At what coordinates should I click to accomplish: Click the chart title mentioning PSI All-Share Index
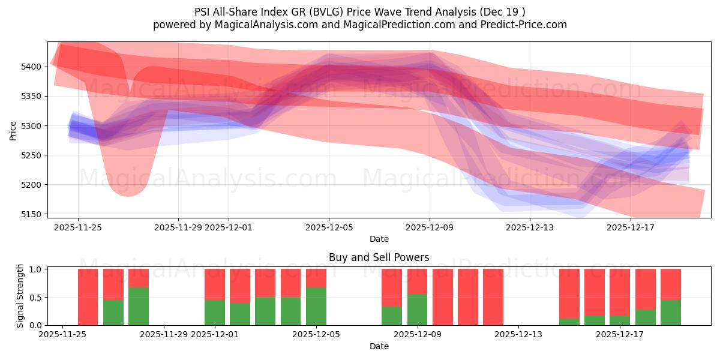360,11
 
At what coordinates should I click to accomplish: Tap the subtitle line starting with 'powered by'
360,25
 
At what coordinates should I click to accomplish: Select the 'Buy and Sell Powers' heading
379,257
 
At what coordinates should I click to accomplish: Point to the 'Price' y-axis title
13,130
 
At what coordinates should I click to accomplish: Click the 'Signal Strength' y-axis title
20,296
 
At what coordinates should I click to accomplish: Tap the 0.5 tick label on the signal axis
35,297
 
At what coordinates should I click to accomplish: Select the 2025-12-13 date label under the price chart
530,227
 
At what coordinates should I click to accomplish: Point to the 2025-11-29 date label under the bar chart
164,335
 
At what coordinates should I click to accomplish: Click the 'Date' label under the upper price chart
379,239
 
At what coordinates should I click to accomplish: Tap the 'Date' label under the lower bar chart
379,346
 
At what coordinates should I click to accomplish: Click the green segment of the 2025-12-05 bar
316,306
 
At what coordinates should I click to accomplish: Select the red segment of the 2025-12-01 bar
215,284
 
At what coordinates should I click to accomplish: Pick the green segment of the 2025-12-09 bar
418,310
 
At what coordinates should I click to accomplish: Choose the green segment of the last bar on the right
671,313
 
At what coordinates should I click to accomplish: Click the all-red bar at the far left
88,297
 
